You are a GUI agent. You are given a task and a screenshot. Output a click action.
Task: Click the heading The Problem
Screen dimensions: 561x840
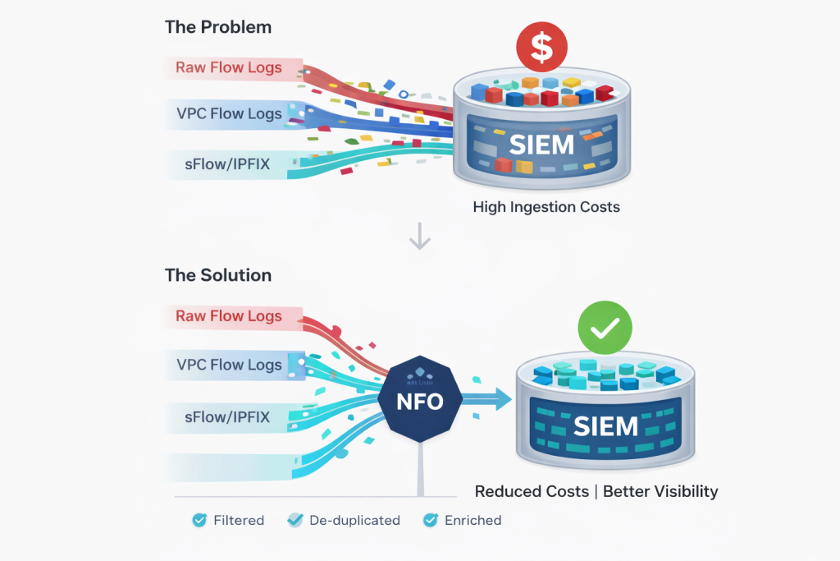(218, 27)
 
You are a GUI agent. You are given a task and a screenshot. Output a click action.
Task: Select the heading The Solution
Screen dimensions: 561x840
(218, 275)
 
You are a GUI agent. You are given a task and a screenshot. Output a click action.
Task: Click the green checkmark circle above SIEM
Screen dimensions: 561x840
(605, 328)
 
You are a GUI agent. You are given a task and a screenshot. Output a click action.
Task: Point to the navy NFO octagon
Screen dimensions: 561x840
(421, 402)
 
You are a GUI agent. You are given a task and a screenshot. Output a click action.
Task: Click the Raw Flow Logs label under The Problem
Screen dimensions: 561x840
(228, 67)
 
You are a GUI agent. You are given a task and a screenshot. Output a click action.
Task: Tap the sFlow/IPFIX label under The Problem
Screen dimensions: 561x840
(228, 164)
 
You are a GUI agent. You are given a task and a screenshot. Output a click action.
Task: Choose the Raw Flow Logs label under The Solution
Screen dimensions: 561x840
(228, 316)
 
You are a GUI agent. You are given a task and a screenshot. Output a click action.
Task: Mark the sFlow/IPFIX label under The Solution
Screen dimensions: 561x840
(228, 417)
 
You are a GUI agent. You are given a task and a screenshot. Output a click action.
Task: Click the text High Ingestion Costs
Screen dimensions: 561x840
(546, 207)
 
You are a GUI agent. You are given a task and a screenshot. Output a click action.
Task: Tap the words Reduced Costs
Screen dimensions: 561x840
(532, 491)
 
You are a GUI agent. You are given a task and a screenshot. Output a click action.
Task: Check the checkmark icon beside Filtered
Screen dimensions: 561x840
(199, 520)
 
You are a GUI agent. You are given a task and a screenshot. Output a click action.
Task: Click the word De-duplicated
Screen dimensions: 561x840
(354, 520)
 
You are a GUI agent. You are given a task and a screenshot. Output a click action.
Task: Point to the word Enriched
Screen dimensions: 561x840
(472, 520)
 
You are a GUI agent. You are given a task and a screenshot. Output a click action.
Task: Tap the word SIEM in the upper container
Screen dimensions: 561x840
(541, 145)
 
